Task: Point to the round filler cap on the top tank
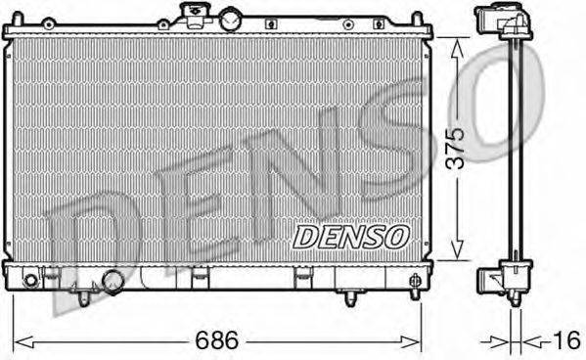232,18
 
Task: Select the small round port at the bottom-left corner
30,281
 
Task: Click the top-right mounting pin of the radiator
418,20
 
